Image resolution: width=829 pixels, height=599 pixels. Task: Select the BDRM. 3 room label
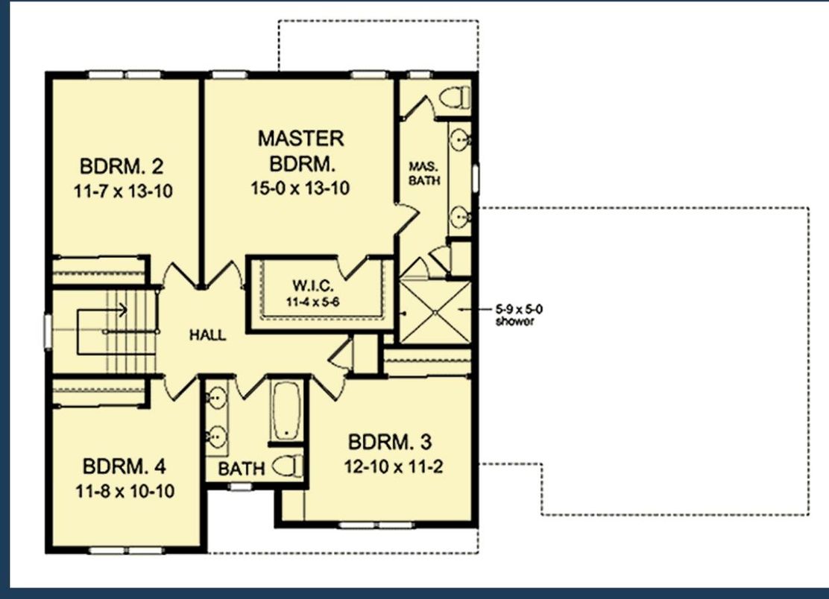point(390,442)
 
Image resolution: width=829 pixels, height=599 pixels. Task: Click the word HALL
point(207,335)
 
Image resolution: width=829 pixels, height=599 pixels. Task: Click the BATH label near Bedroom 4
point(241,469)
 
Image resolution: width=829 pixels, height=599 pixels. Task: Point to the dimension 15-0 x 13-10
point(300,188)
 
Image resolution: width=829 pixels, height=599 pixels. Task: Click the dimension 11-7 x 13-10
point(124,191)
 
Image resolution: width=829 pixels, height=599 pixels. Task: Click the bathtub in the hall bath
point(286,410)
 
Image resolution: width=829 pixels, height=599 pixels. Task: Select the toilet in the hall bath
point(288,466)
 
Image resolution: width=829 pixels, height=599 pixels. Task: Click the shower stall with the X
point(435,311)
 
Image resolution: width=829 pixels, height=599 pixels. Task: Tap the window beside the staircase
point(48,332)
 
